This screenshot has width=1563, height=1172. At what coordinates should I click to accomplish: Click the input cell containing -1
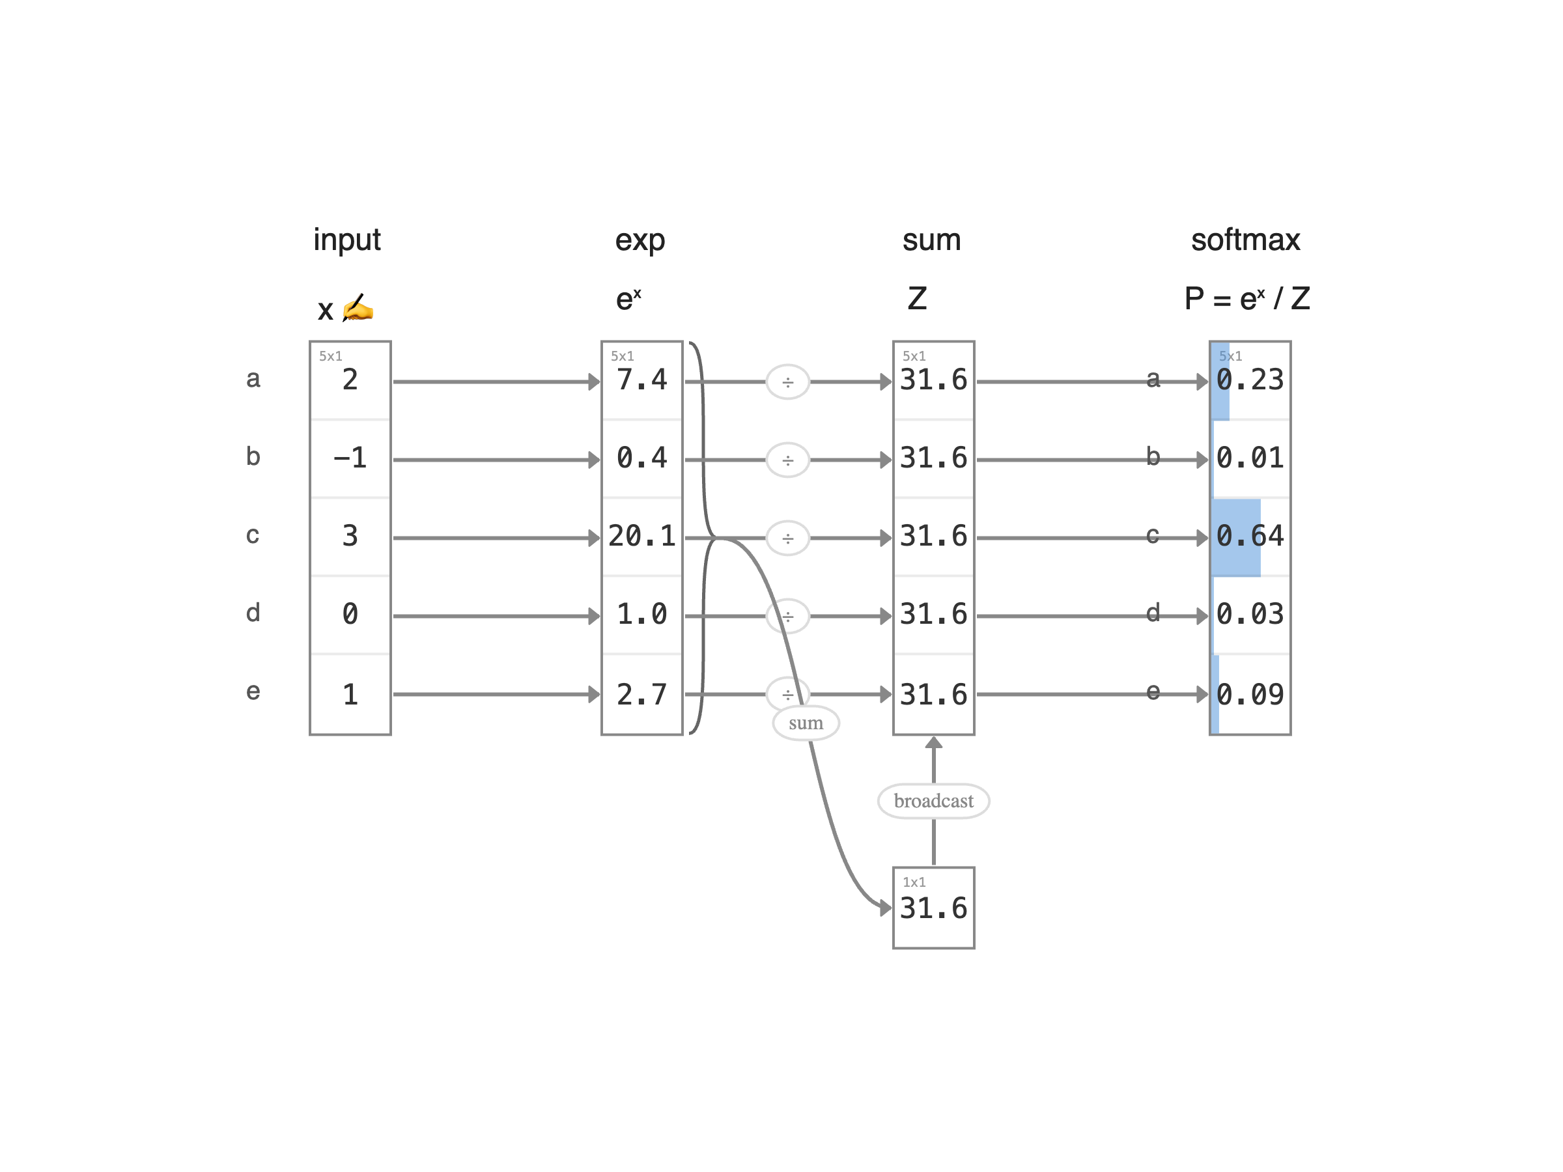pos(350,458)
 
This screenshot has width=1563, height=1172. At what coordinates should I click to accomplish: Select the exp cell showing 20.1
pos(641,537)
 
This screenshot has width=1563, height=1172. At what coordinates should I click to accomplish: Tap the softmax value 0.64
pos(1249,537)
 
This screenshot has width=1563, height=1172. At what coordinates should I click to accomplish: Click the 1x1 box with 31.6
pos(933,908)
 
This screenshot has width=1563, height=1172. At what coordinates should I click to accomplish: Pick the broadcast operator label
pos(933,801)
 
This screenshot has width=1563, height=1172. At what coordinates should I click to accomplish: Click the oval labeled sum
pos(806,723)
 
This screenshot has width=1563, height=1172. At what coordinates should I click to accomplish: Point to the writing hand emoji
pos(358,309)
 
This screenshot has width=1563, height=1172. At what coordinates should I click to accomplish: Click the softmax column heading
pos(1245,240)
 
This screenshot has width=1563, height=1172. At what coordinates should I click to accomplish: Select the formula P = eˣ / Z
pos(1247,299)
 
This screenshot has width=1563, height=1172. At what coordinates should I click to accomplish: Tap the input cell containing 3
pos(350,537)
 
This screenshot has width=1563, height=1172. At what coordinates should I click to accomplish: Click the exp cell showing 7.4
pos(641,381)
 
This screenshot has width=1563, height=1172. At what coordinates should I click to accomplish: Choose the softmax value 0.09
pos(1249,695)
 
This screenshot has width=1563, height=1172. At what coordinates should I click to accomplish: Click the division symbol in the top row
pos(788,382)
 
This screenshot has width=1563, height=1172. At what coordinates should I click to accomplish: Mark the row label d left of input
pos(253,613)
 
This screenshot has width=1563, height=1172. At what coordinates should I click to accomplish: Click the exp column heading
pos(640,241)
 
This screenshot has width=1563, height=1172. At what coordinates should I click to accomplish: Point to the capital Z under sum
pos(916,299)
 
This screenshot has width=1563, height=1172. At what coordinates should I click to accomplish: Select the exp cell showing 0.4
pos(641,458)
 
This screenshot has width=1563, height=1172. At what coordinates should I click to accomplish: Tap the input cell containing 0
pos(350,615)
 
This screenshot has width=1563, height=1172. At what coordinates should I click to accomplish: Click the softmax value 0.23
pos(1249,381)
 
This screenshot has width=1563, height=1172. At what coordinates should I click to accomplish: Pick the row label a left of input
pos(253,380)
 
